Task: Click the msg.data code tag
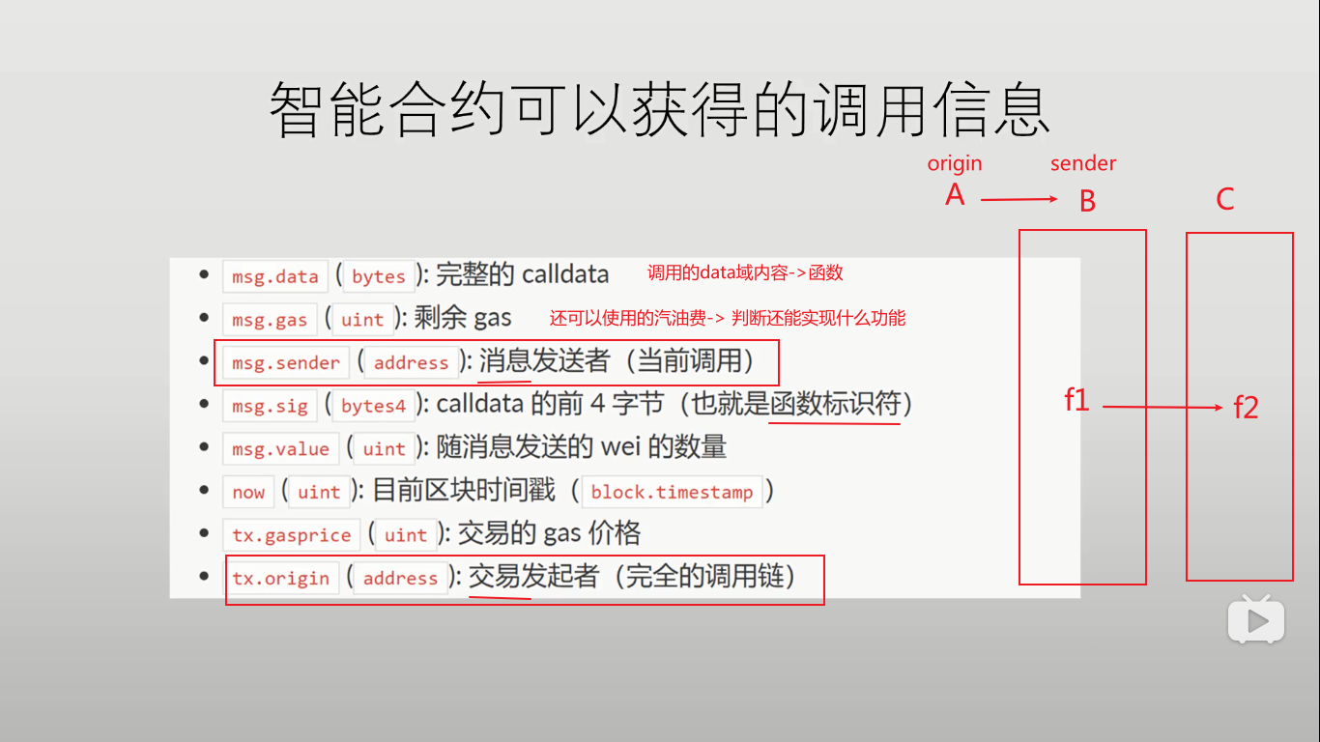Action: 275,276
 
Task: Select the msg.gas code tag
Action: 270,320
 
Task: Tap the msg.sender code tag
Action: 286,363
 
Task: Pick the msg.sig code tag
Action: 270,406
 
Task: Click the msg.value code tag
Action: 280,448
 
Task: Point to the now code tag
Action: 248,492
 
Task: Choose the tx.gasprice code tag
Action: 291,534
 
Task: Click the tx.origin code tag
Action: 281,578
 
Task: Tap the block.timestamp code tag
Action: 672,492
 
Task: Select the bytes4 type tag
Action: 373,406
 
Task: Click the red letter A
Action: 955,195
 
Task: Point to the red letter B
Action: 1087,201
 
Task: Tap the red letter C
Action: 1224,200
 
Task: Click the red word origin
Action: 955,163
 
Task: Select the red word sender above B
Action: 1083,163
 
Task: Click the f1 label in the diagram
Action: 1076,399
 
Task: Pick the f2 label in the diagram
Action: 1246,408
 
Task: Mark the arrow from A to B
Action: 1019,200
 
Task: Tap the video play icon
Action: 1255,619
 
